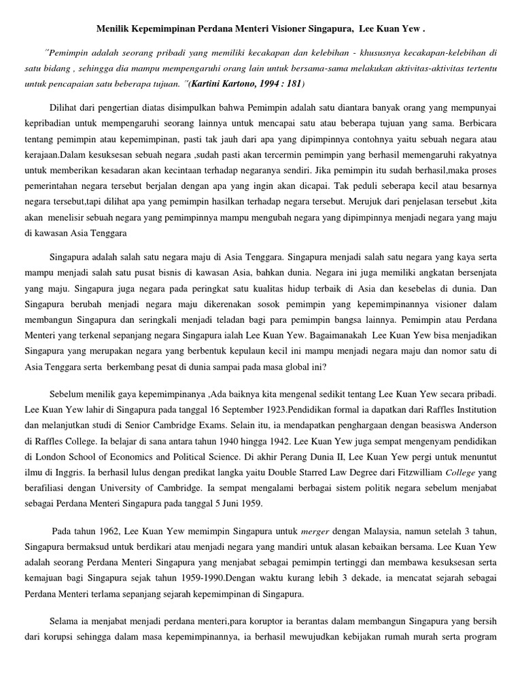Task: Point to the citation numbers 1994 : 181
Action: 285,84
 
